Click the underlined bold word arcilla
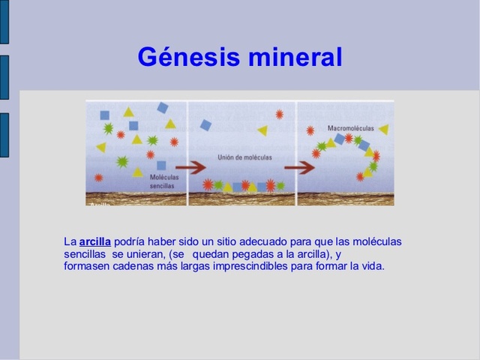95,241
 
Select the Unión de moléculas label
244,157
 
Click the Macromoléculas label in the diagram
350,127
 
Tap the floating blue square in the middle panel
205,125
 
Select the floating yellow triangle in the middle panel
262,130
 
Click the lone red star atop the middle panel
279,114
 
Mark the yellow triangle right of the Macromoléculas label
383,130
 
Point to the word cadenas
133,265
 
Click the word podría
130,241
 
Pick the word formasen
87,265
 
